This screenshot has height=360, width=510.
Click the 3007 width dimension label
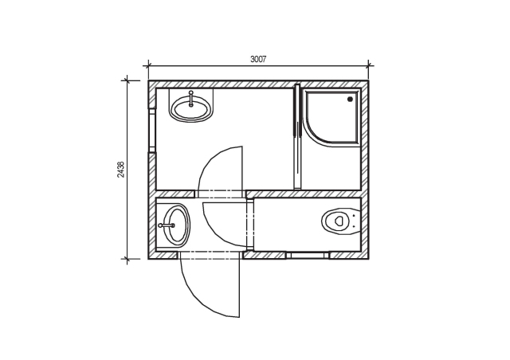coord(258,59)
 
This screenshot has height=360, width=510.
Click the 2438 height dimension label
coord(120,170)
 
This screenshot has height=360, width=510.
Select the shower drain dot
coord(351,100)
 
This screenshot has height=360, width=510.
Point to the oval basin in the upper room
coord(191,110)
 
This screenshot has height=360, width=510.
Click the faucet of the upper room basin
coord(191,99)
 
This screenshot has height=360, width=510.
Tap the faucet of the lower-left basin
coord(167,225)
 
